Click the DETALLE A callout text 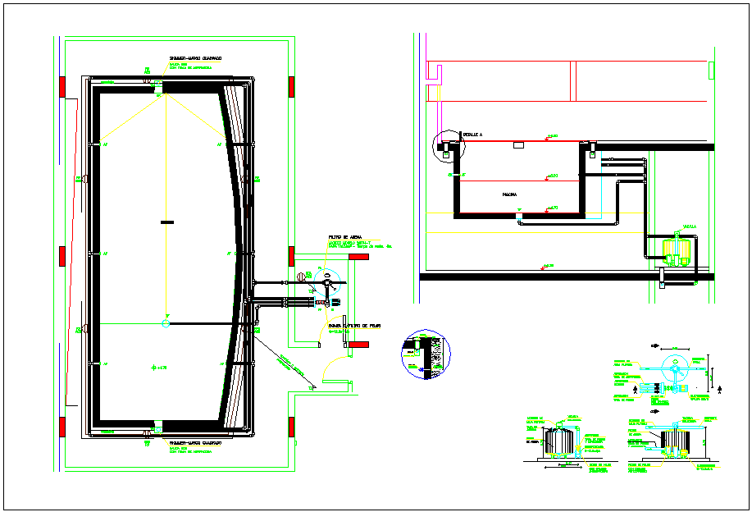(x=473, y=133)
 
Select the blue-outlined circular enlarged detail (x=426, y=355)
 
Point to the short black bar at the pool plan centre (x=166, y=222)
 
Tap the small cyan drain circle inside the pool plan (x=166, y=323)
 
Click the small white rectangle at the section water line (x=518, y=145)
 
